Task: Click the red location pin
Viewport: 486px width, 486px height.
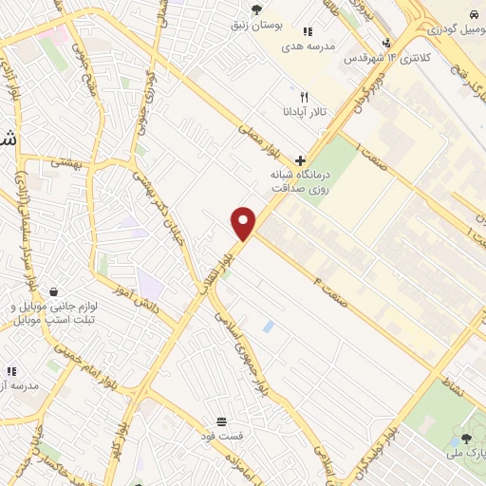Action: coord(244,222)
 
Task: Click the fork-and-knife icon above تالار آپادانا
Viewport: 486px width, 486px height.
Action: coord(304,97)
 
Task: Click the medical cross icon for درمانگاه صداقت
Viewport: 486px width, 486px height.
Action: coord(300,160)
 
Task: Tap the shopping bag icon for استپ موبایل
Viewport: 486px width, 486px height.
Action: coord(54,292)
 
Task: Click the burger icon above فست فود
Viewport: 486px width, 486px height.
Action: coord(221,421)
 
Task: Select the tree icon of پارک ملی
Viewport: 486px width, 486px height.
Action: coord(465,439)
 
